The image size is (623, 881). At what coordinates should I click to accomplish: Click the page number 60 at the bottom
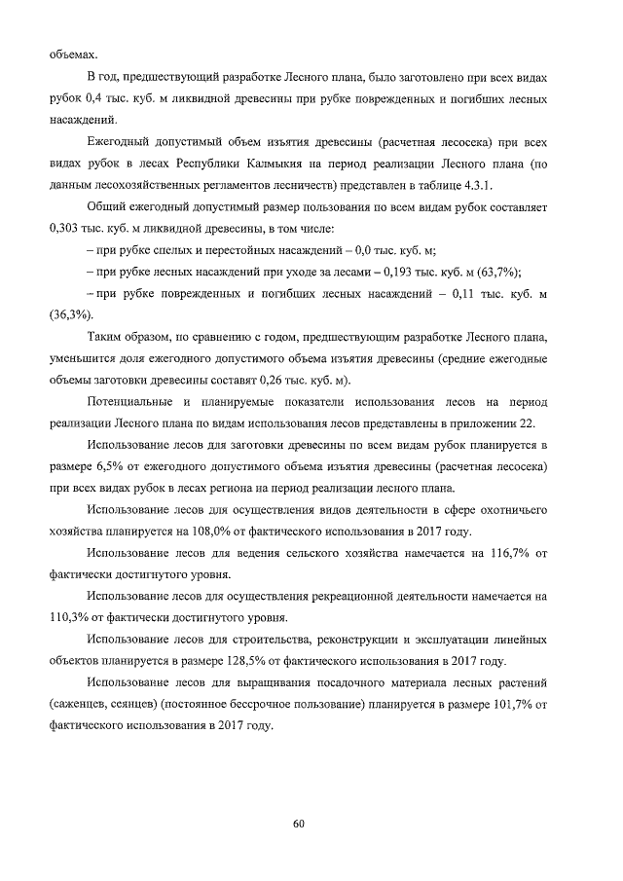pos(300,826)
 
